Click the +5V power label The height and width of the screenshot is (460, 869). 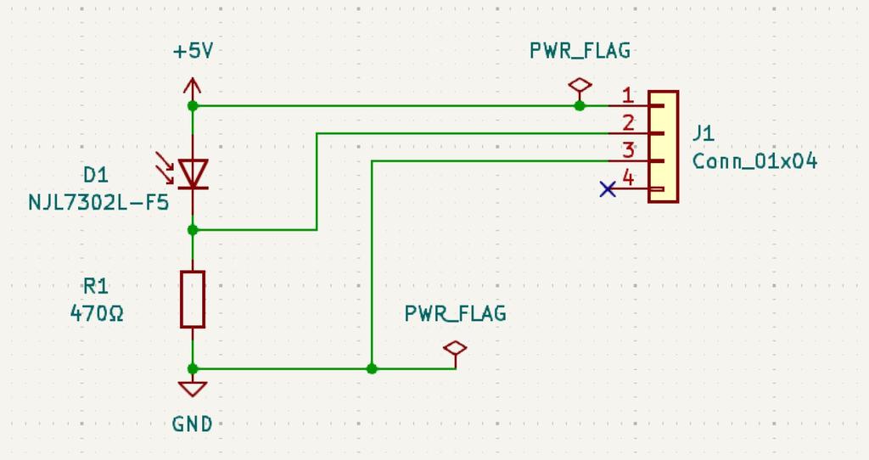pyautogui.click(x=193, y=51)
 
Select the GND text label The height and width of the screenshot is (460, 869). pyautogui.click(x=193, y=424)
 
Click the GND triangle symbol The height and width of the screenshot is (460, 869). pyautogui.click(x=193, y=389)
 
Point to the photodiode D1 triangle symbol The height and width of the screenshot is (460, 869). pyautogui.click(x=193, y=174)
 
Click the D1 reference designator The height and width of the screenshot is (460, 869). pyautogui.click(x=96, y=175)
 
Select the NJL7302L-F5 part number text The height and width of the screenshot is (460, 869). pyautogui.click(x=98, y=203)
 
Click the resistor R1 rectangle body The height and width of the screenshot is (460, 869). pyautogui.click(x=193, y=299)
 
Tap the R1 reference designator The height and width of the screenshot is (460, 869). pyautogui.click(x=96, y=285)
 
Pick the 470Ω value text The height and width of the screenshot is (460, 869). pyautogui.click(x=97, y=313)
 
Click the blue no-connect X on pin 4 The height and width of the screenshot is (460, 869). pyautogui.click(x=608, y=189)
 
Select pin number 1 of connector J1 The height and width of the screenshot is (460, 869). pyautogui.click(x=627, y=94)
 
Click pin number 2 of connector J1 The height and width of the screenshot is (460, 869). pyautogui.click(x=627, y=122)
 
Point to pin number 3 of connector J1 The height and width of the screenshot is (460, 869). pyautogui.click(x=627, y=150)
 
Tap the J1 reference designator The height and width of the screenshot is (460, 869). pyautogui.click(x=704, y=133)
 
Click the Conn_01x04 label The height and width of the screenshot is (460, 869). pyautogui.click(x=754, y=161)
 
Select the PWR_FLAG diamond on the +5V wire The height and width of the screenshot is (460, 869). pyautogui.click(x=580, y=85)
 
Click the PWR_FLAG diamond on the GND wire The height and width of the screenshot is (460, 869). pyautogui.click(x=456, y=348)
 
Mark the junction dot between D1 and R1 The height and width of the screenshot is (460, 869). pyautogui.click(x=193, y=229)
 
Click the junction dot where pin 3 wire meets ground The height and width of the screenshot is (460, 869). pyautogui.click(x=372, y=368)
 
